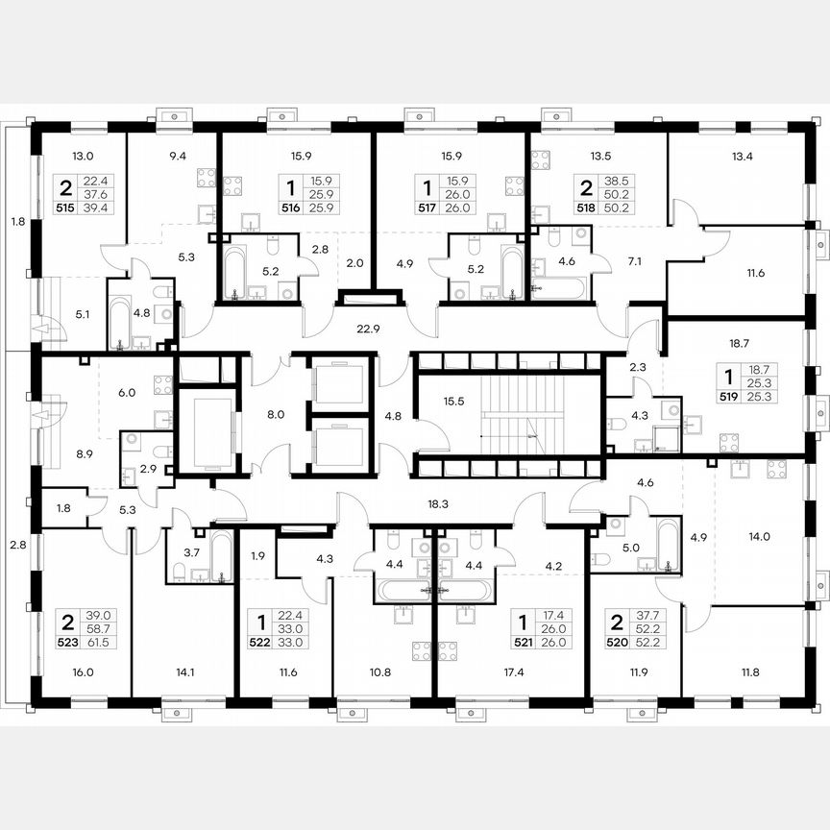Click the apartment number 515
click(66, 206)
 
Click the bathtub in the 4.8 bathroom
click(117, 321)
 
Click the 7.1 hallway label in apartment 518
click(635, 262)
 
